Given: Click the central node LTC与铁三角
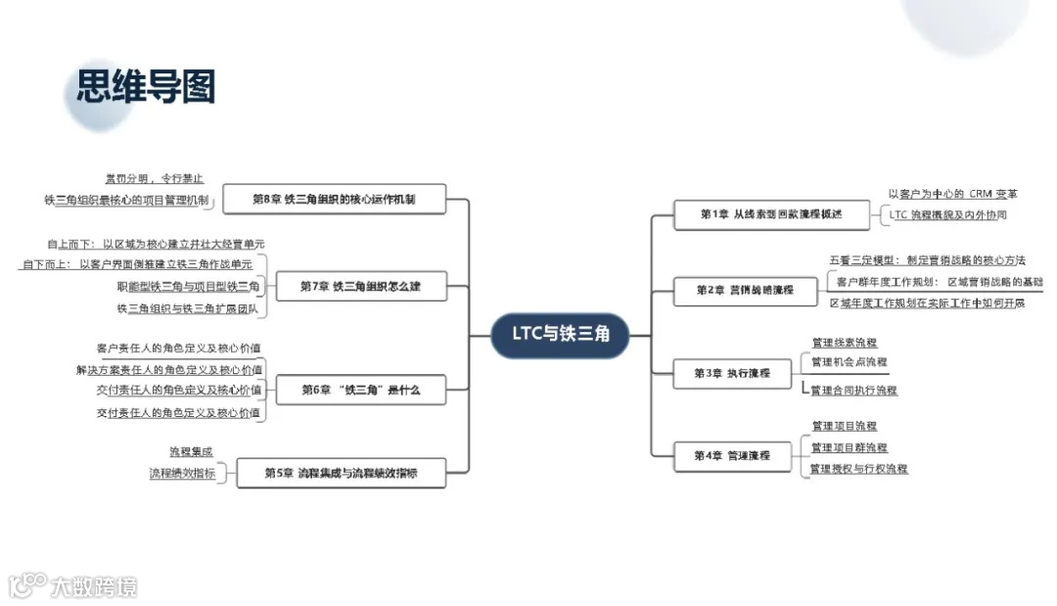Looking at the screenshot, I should [x=560, y=335].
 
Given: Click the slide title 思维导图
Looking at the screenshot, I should [x=146, y=87].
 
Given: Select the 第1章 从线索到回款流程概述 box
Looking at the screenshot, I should [x=771, y=213].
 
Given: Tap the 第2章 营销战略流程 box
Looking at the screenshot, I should [x=745, y=290].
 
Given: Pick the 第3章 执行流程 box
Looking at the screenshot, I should [x=732, y=373].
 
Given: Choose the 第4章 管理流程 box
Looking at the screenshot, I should [x=732, y=455].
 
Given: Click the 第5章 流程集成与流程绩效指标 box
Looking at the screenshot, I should [x=341, y=473].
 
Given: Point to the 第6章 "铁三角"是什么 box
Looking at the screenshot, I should [x=360, y=390].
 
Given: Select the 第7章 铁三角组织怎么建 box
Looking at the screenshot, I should [x=360, y=287].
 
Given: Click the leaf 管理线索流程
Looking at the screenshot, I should [x=845, y=343].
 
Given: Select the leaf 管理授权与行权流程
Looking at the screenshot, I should [x=859, y=469].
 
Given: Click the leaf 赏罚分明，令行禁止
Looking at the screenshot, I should [x=154, y=178].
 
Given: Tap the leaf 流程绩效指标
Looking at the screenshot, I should [x=182, y=473].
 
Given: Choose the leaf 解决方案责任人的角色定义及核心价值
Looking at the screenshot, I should [x=168, y=370].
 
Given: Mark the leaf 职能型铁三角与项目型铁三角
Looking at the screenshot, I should [x=188, y=287].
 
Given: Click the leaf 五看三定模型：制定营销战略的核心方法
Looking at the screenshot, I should [x=927, y=260].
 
